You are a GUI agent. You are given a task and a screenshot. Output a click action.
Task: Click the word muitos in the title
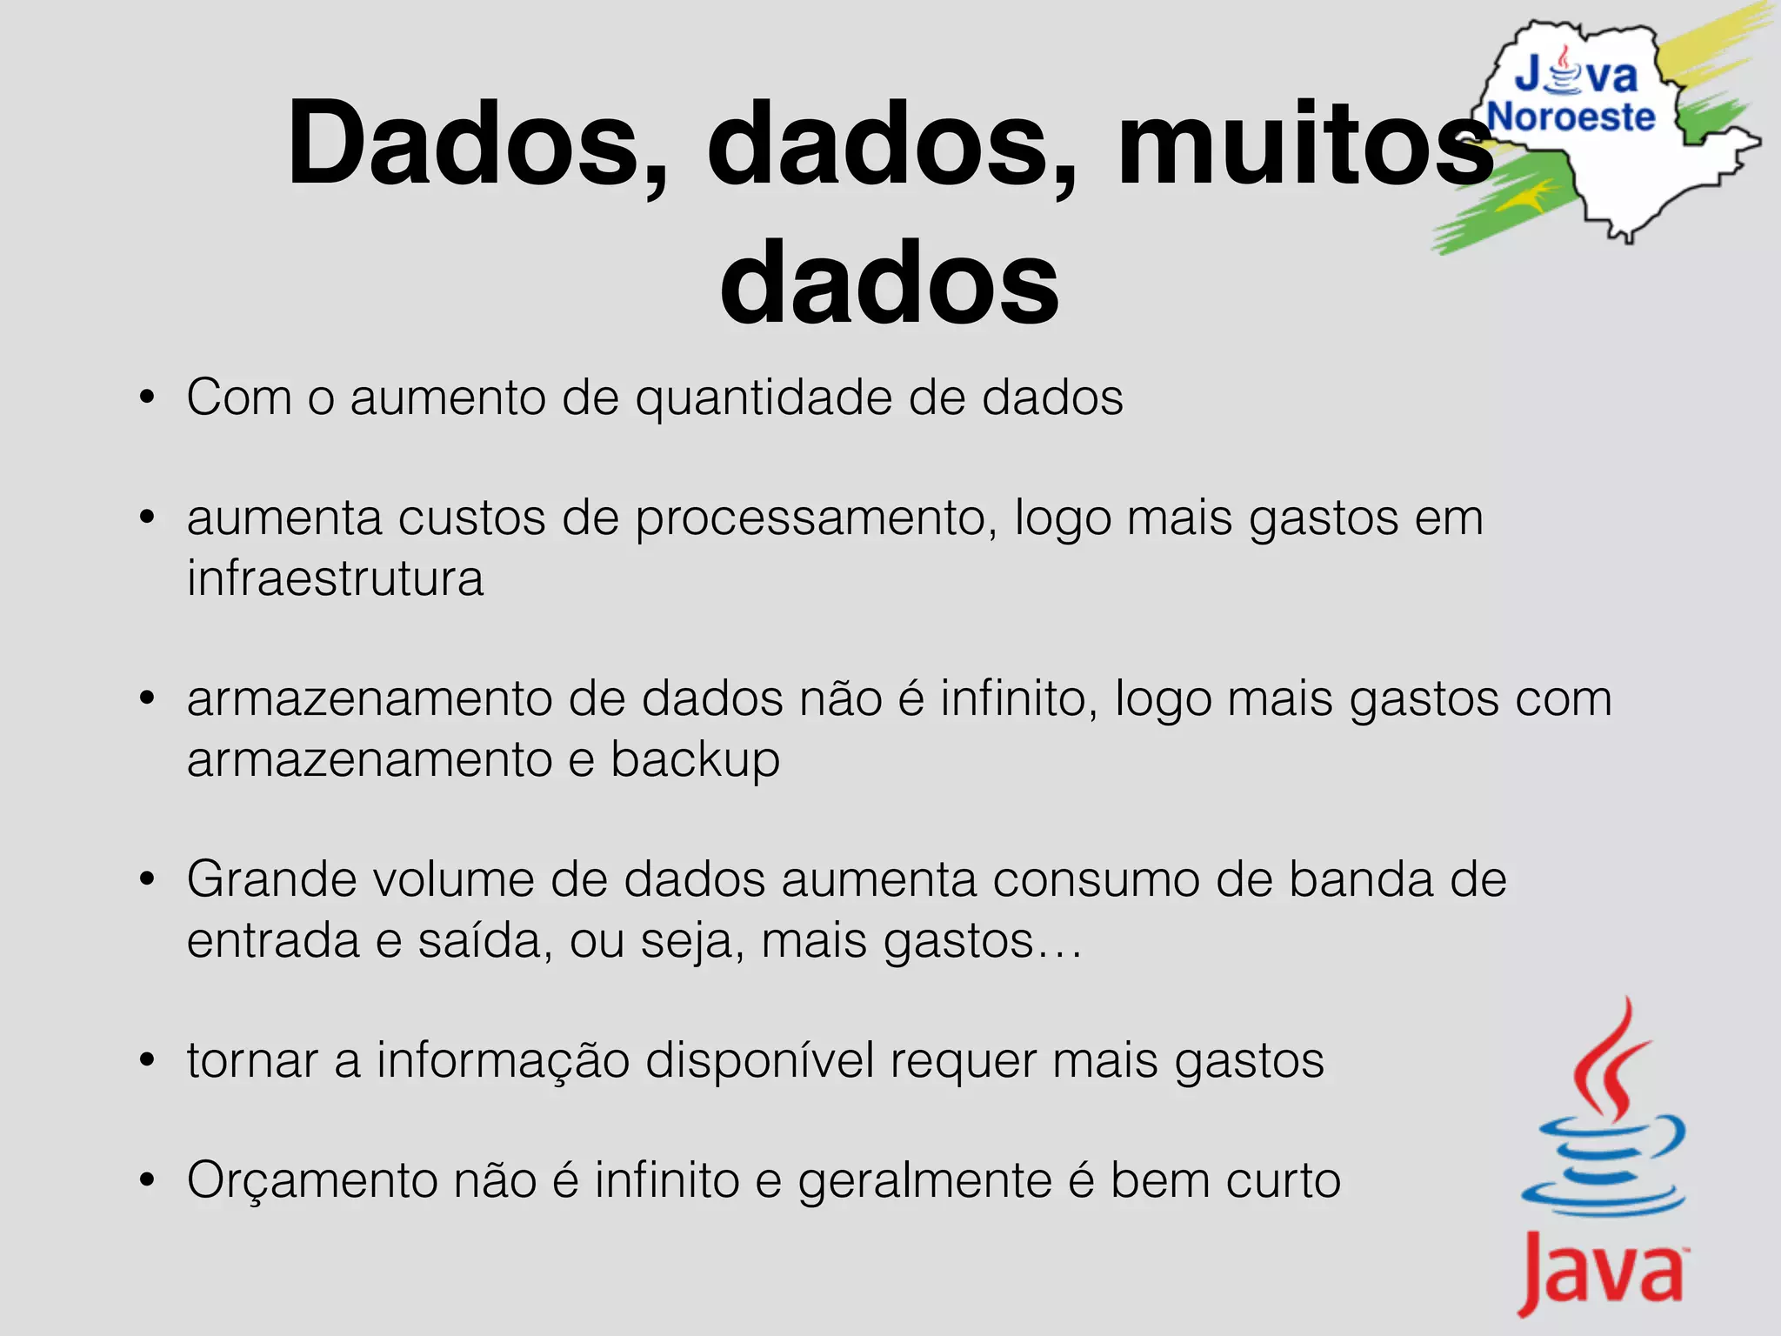[1304, 144]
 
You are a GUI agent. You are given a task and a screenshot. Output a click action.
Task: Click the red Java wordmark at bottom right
[1601, 1275]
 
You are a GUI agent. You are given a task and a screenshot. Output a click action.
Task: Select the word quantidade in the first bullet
[764, 398]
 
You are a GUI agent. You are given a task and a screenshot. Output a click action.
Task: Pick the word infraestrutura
[335, 579]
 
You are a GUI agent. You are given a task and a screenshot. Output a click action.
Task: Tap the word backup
[695, 760]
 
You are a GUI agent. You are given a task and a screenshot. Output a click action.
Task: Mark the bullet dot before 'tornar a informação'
[147, 1060]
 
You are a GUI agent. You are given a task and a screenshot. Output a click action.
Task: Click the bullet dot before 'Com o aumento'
[147, 397]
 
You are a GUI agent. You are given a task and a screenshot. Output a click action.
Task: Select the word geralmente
[925, 1181]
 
